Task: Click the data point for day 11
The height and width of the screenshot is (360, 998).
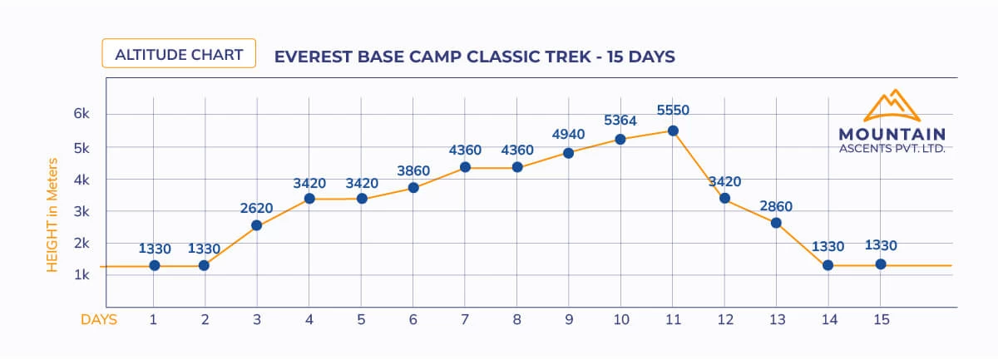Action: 673,131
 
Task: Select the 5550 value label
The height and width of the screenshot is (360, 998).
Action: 673,110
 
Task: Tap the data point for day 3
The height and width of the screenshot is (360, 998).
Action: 256,225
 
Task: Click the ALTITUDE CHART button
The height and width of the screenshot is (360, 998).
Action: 179,55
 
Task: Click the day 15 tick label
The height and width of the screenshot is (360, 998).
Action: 881,320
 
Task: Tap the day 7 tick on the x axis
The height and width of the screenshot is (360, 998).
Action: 465,320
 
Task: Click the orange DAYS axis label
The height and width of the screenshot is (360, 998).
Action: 98,320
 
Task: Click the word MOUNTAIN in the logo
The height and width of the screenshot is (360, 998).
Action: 892,134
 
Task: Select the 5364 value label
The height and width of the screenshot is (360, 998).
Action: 620,121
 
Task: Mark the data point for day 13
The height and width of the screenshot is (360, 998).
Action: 776,223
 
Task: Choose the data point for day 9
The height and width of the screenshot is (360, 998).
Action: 568,153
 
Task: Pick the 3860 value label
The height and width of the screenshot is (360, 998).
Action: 413,170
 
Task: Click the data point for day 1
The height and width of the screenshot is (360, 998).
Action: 154,265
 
